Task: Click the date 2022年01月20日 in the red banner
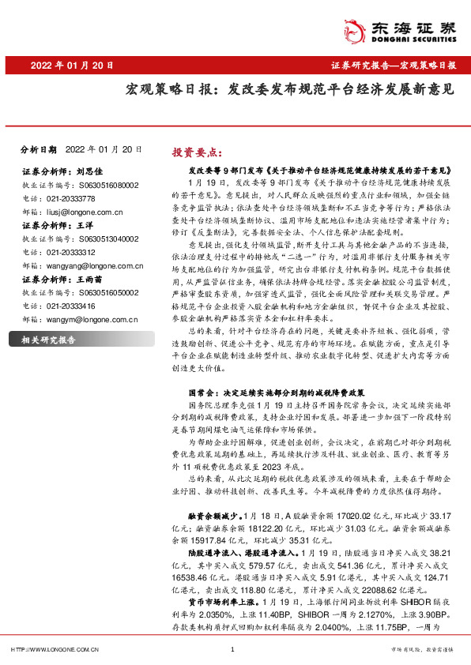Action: coord(68,65)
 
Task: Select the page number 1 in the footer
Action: coord(232,649)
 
